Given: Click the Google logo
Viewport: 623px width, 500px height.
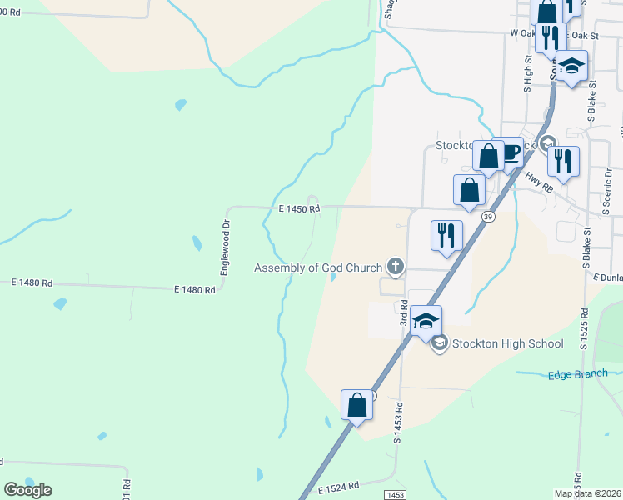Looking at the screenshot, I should pyautogui.click(x=28, y=490).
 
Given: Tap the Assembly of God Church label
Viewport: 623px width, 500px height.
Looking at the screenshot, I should pyautogui.click(x=318, y=267).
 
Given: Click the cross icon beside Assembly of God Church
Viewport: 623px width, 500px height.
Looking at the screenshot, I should pyautogui.click(x=396, y=267).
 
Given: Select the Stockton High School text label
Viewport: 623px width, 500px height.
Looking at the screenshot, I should pyautogui.click(x=508, y=343).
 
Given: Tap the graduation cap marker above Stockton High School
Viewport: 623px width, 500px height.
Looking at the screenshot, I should pyautogui.click(x=426, y=321).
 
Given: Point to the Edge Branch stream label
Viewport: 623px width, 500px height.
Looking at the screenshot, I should pyautogui.click(x=577, y=374).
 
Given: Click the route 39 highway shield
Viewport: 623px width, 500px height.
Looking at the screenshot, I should pyautogui.click(x=488, y=217).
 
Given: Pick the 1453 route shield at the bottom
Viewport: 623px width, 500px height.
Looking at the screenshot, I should pyautogui.click(x=396, y=494).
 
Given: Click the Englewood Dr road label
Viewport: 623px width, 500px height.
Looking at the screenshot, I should pyautogui.click(x=224, y=247).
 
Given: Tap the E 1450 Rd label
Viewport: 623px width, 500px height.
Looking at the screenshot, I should pyautogui.click(x=293, y=209).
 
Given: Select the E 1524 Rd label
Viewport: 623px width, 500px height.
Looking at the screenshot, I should pyautogui.click(x=338, y=485).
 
